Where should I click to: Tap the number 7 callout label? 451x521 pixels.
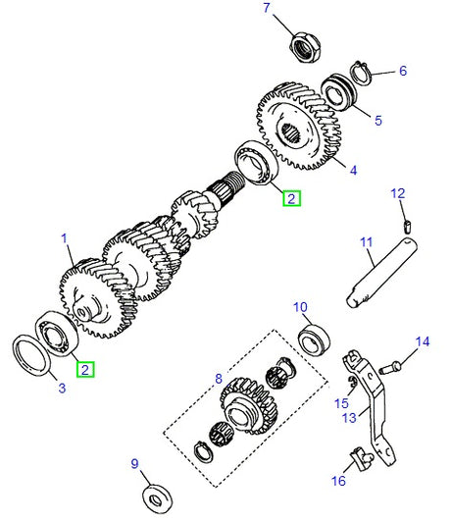pyautogui.click(x=264, y=9)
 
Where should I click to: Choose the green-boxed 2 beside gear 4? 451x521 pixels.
pyautogui.click(x=291, y=198)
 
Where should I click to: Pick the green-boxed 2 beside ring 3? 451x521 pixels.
pyautogui.click(x=86, y=370)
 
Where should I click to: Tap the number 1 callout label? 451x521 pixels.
pyautogui.click(x=65, y=237)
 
